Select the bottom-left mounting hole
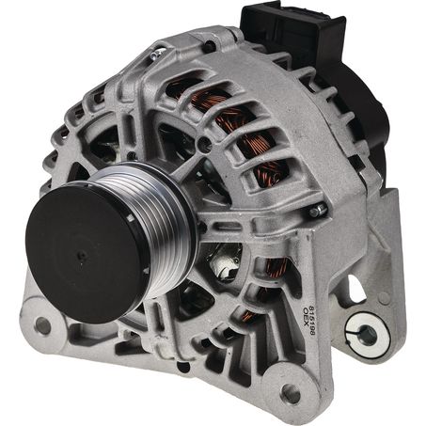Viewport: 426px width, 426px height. click(x=41, y=325)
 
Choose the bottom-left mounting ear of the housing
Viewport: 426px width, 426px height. click(x=42, y=324)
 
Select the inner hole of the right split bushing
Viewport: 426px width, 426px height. click(x=365, y=333)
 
